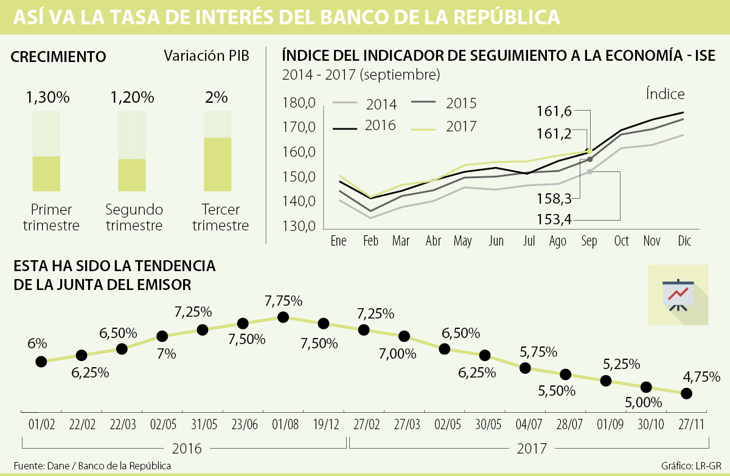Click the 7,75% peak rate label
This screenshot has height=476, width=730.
click(x=283, y=300)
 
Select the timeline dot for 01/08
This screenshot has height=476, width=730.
click(x=283, y=317)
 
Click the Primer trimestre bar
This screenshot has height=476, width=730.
click(x=46, y=173)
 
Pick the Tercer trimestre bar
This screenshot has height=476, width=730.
click(x=217, y=164)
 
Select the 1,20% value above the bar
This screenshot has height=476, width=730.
click(x=132, y=97)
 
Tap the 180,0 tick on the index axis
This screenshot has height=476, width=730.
click(x=299, y=103)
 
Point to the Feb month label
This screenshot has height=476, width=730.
click(x=370, y=241)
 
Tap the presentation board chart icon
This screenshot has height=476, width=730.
click(x=678, y=294)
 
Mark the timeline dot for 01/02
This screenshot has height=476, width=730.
click(x=41, y=362)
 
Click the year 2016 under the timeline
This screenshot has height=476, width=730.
click(x=187, y=449)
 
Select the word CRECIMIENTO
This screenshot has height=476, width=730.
click(x=59, y=57)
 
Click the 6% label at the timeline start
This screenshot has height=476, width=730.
click(x=36, y=343)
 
